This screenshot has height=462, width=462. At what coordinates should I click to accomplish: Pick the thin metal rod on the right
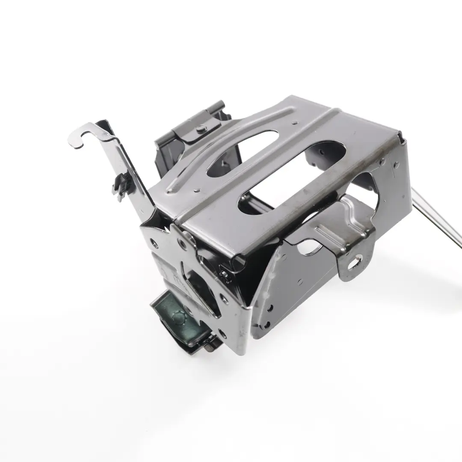coord(436,218)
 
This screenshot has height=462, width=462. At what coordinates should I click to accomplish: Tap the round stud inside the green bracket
coord(176,317)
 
